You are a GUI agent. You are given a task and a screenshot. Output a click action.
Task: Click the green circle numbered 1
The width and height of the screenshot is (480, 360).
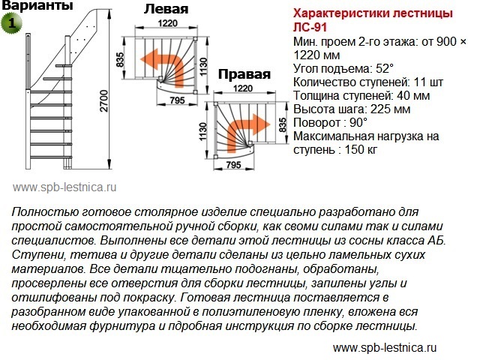tap(12, 23)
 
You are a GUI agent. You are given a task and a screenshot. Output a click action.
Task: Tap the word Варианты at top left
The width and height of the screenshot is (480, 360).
tap(37, 5)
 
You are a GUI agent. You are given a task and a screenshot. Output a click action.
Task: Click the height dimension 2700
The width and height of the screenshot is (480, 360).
tap(104, 100)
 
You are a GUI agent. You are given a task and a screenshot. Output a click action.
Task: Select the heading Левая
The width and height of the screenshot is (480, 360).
tap(166, 9)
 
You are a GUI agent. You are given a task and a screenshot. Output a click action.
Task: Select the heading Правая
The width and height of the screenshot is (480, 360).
tap(244, 74)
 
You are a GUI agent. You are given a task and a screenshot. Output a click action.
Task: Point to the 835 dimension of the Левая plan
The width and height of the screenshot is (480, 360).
tap(120, 60)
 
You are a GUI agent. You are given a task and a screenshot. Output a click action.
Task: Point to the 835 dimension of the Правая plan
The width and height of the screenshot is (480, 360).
tap(283, 125)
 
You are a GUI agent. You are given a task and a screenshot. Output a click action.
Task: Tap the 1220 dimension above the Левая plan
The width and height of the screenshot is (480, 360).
tap(168, 23)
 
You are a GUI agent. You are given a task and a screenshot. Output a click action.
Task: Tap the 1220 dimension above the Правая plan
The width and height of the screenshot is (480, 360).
tap(243, 88)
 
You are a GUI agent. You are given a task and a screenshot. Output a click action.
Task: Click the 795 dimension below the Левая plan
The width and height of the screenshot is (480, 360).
tap(178, 100)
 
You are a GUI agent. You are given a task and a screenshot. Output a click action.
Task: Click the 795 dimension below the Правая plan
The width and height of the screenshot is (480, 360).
tap(233, 165)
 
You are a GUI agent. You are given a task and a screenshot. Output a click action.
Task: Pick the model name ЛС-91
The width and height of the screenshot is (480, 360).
tap(310, 28)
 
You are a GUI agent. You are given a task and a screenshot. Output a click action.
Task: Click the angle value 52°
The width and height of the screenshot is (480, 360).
tap(384, 68)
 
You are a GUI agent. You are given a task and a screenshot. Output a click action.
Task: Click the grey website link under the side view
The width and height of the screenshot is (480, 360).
tap(64, 187)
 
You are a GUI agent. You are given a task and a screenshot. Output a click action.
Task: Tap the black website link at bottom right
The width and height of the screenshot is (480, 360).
tap(385, 348)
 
